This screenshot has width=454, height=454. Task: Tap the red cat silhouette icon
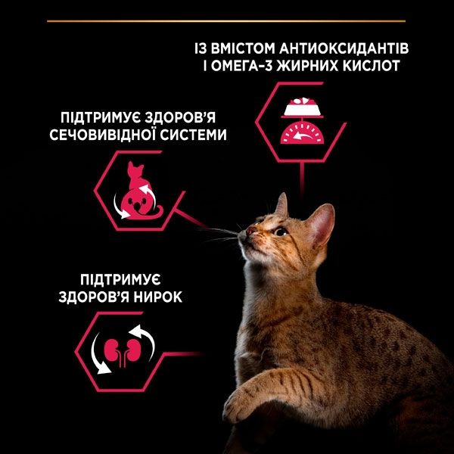point(138,190)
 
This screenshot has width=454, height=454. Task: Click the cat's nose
point(251,228)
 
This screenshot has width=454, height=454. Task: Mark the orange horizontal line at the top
point(227,21)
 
